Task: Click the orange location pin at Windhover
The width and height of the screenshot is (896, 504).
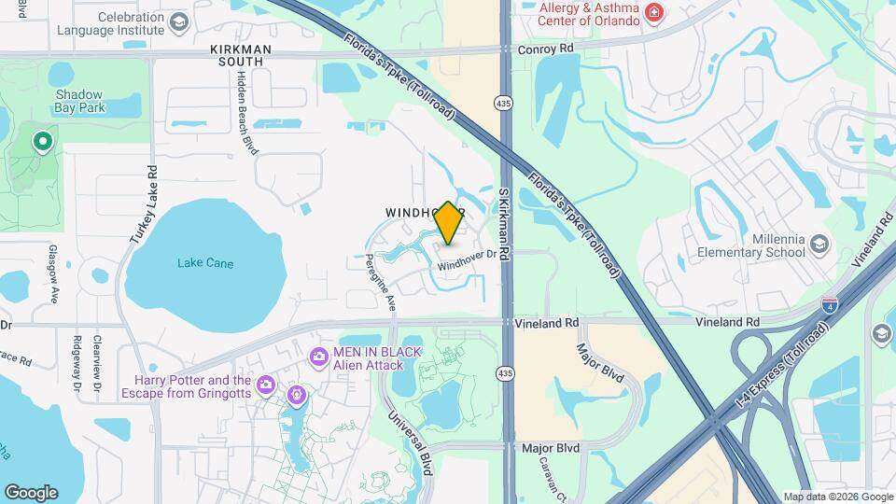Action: click(x=448, y=223)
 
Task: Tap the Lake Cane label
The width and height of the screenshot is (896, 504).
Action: click(x=205, y=263)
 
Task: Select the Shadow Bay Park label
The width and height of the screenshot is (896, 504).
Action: click(x=79, y=101)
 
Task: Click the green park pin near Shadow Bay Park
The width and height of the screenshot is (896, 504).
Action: click(x=42, y=142)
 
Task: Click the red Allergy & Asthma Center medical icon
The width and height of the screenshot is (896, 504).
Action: click(x=654, y=12)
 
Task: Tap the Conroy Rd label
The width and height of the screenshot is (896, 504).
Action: click(x=547, y=48)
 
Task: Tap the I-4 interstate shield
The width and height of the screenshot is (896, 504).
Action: click(x=829, y=304)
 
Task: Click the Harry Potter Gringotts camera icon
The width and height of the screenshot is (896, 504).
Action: click(x=266, y=385)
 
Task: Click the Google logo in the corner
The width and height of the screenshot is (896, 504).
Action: click(x=31, y=493)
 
